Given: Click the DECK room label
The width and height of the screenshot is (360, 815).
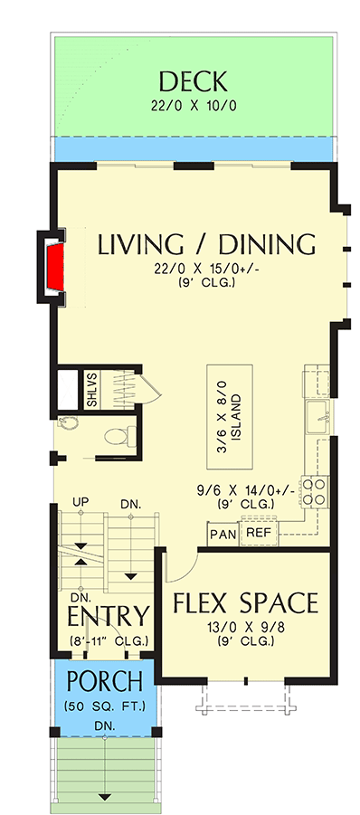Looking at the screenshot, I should tap(191, 81).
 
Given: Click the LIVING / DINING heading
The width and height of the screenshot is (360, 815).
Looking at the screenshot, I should tap(206, 245).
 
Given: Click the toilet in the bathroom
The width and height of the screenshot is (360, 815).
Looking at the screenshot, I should tap(116, 437).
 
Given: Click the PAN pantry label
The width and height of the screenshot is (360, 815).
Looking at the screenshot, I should tap(223, 535).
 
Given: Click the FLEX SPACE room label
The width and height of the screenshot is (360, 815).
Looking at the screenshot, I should tap(244, 602).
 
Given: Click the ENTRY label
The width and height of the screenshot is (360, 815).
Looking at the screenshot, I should tap(109, 617).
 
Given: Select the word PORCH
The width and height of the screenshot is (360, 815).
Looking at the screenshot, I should tap(107, 680).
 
